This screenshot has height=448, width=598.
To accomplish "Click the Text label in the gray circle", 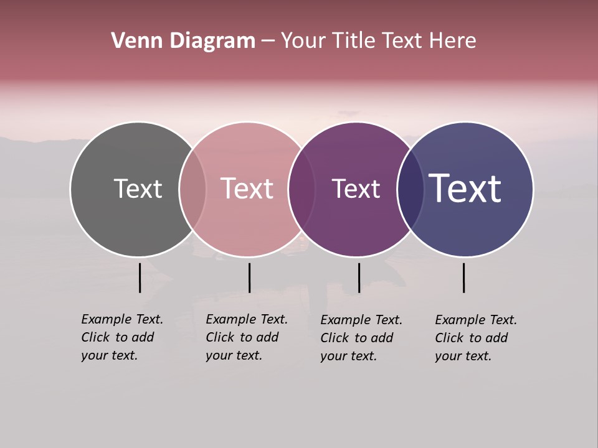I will coord(138,189).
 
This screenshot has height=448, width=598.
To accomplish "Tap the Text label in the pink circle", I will coord(247,189).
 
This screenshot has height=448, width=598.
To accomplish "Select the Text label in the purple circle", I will coord(356,189).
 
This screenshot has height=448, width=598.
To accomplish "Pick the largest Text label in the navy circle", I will coord(465,189).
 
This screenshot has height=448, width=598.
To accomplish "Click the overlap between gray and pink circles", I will coord(192,189).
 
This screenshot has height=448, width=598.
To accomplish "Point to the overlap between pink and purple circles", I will coord(301,189).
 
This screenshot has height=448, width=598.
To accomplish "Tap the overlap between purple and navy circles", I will coord(411,189).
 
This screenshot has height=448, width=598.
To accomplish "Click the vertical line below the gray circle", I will coord(140,278).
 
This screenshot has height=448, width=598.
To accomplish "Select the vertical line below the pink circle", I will coord(249,278).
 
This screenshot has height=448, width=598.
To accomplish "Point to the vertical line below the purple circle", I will coord(359,278).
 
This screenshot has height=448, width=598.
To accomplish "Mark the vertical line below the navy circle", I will coord(463,278).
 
